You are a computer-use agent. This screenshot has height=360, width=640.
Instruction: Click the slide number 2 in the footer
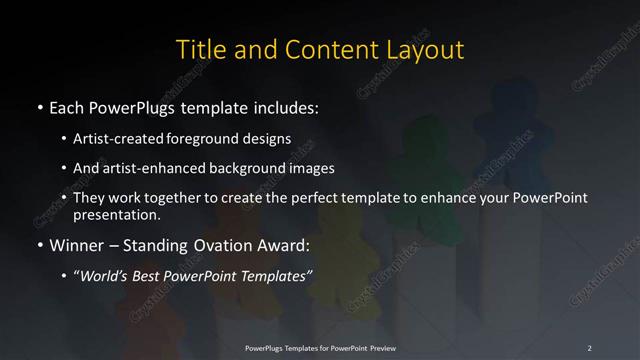(589, 347)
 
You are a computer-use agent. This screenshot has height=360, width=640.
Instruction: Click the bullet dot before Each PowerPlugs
(39, 106)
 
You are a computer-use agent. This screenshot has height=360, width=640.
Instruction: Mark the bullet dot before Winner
(39, 245)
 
